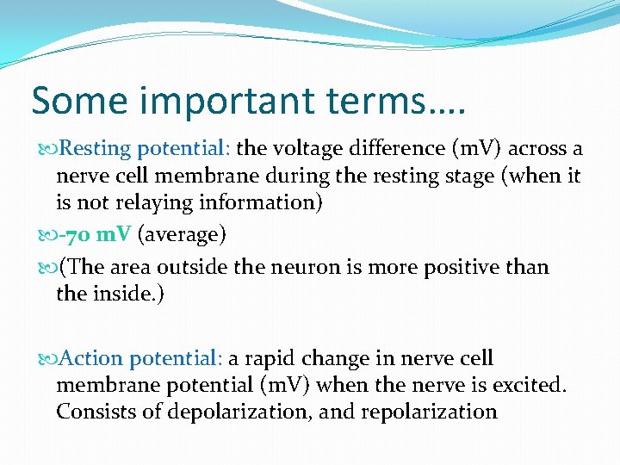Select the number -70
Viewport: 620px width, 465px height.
coord(78,235)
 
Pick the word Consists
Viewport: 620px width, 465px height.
coord(93,412)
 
